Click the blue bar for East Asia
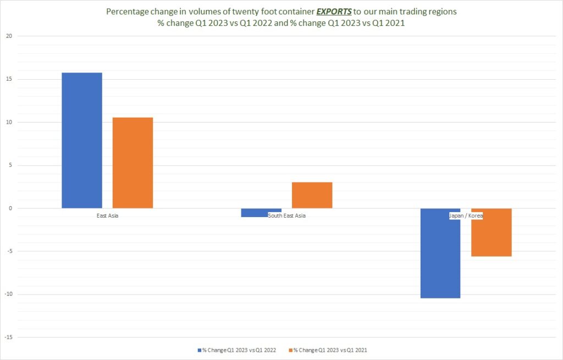(82, 140)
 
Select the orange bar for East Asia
(133, 163)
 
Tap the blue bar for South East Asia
(261, 213)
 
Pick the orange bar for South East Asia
(312, 195)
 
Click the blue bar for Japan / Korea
(440, 253)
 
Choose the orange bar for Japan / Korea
(492, 232)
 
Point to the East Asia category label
(107, 215)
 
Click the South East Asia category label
(286, 215)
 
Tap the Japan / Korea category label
(466, 215)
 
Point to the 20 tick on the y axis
(9, 36)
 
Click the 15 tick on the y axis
(9, 79)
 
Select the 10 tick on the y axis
(9, 122)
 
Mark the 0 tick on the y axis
(10, 208)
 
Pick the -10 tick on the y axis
(8, 294)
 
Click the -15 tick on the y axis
(8, 337)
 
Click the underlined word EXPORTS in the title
(334, 12)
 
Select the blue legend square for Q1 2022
(200, 350)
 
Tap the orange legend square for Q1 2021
(291, 350)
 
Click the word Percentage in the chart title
(127, 12)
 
